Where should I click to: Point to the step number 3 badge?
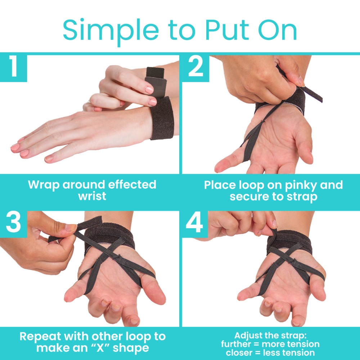coord(14,223)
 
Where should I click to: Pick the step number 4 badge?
coord(195,223)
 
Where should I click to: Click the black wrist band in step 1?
coord(162,118)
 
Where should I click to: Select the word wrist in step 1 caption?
coord(92,196)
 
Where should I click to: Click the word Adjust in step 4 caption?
coord(248,336)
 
